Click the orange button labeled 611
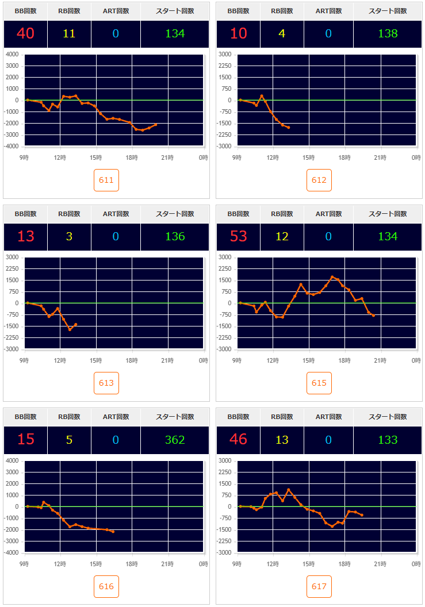106,180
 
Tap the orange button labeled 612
319,180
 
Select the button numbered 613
106,383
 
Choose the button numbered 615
319,383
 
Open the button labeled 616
106,587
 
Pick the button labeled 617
319,587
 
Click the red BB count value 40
25,33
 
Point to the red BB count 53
238,236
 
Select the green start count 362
175,440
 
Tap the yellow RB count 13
282,440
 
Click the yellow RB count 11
69,33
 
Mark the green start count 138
388,33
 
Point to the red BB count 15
25,440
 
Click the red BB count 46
238,440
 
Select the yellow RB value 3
69,236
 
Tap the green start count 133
388,440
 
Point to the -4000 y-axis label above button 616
12,553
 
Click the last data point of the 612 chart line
288,127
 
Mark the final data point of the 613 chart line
76,324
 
